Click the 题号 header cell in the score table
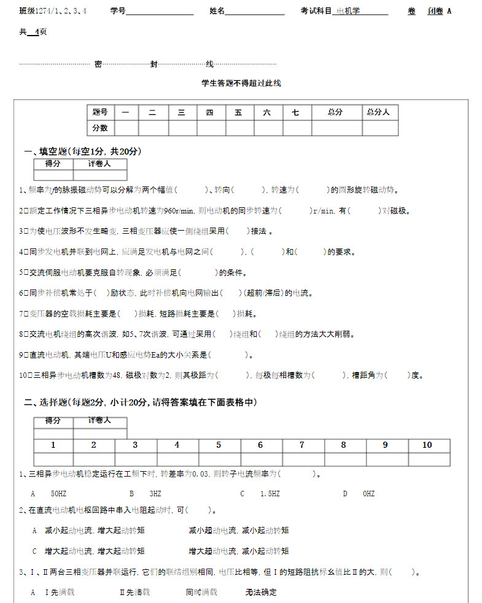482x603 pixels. (x=100, y=112)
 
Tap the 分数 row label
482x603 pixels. (x=100, y=128)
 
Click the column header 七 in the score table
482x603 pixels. (x=296, y=112)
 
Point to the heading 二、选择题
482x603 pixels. (x=140, y=402)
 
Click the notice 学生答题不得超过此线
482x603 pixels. (x=241, y=83)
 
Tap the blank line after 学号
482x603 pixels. (x=160, y=11)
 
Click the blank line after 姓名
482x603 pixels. (x=255, y=11)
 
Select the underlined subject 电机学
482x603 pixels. (x=349, y=11)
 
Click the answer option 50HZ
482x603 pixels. (x=58, y=494)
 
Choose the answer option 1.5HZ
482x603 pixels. (x=270, y=494)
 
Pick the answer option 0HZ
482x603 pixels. (x=368, y=494)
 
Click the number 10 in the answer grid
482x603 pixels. (x=427, y=445)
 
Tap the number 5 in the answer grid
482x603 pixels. (x=219, y=445)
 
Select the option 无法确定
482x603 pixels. (x=261, y=593)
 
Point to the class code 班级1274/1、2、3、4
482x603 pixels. (x=53, y=11)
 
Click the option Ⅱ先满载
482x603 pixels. (x=134, y=593)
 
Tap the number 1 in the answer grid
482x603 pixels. (x=53, y=445)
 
